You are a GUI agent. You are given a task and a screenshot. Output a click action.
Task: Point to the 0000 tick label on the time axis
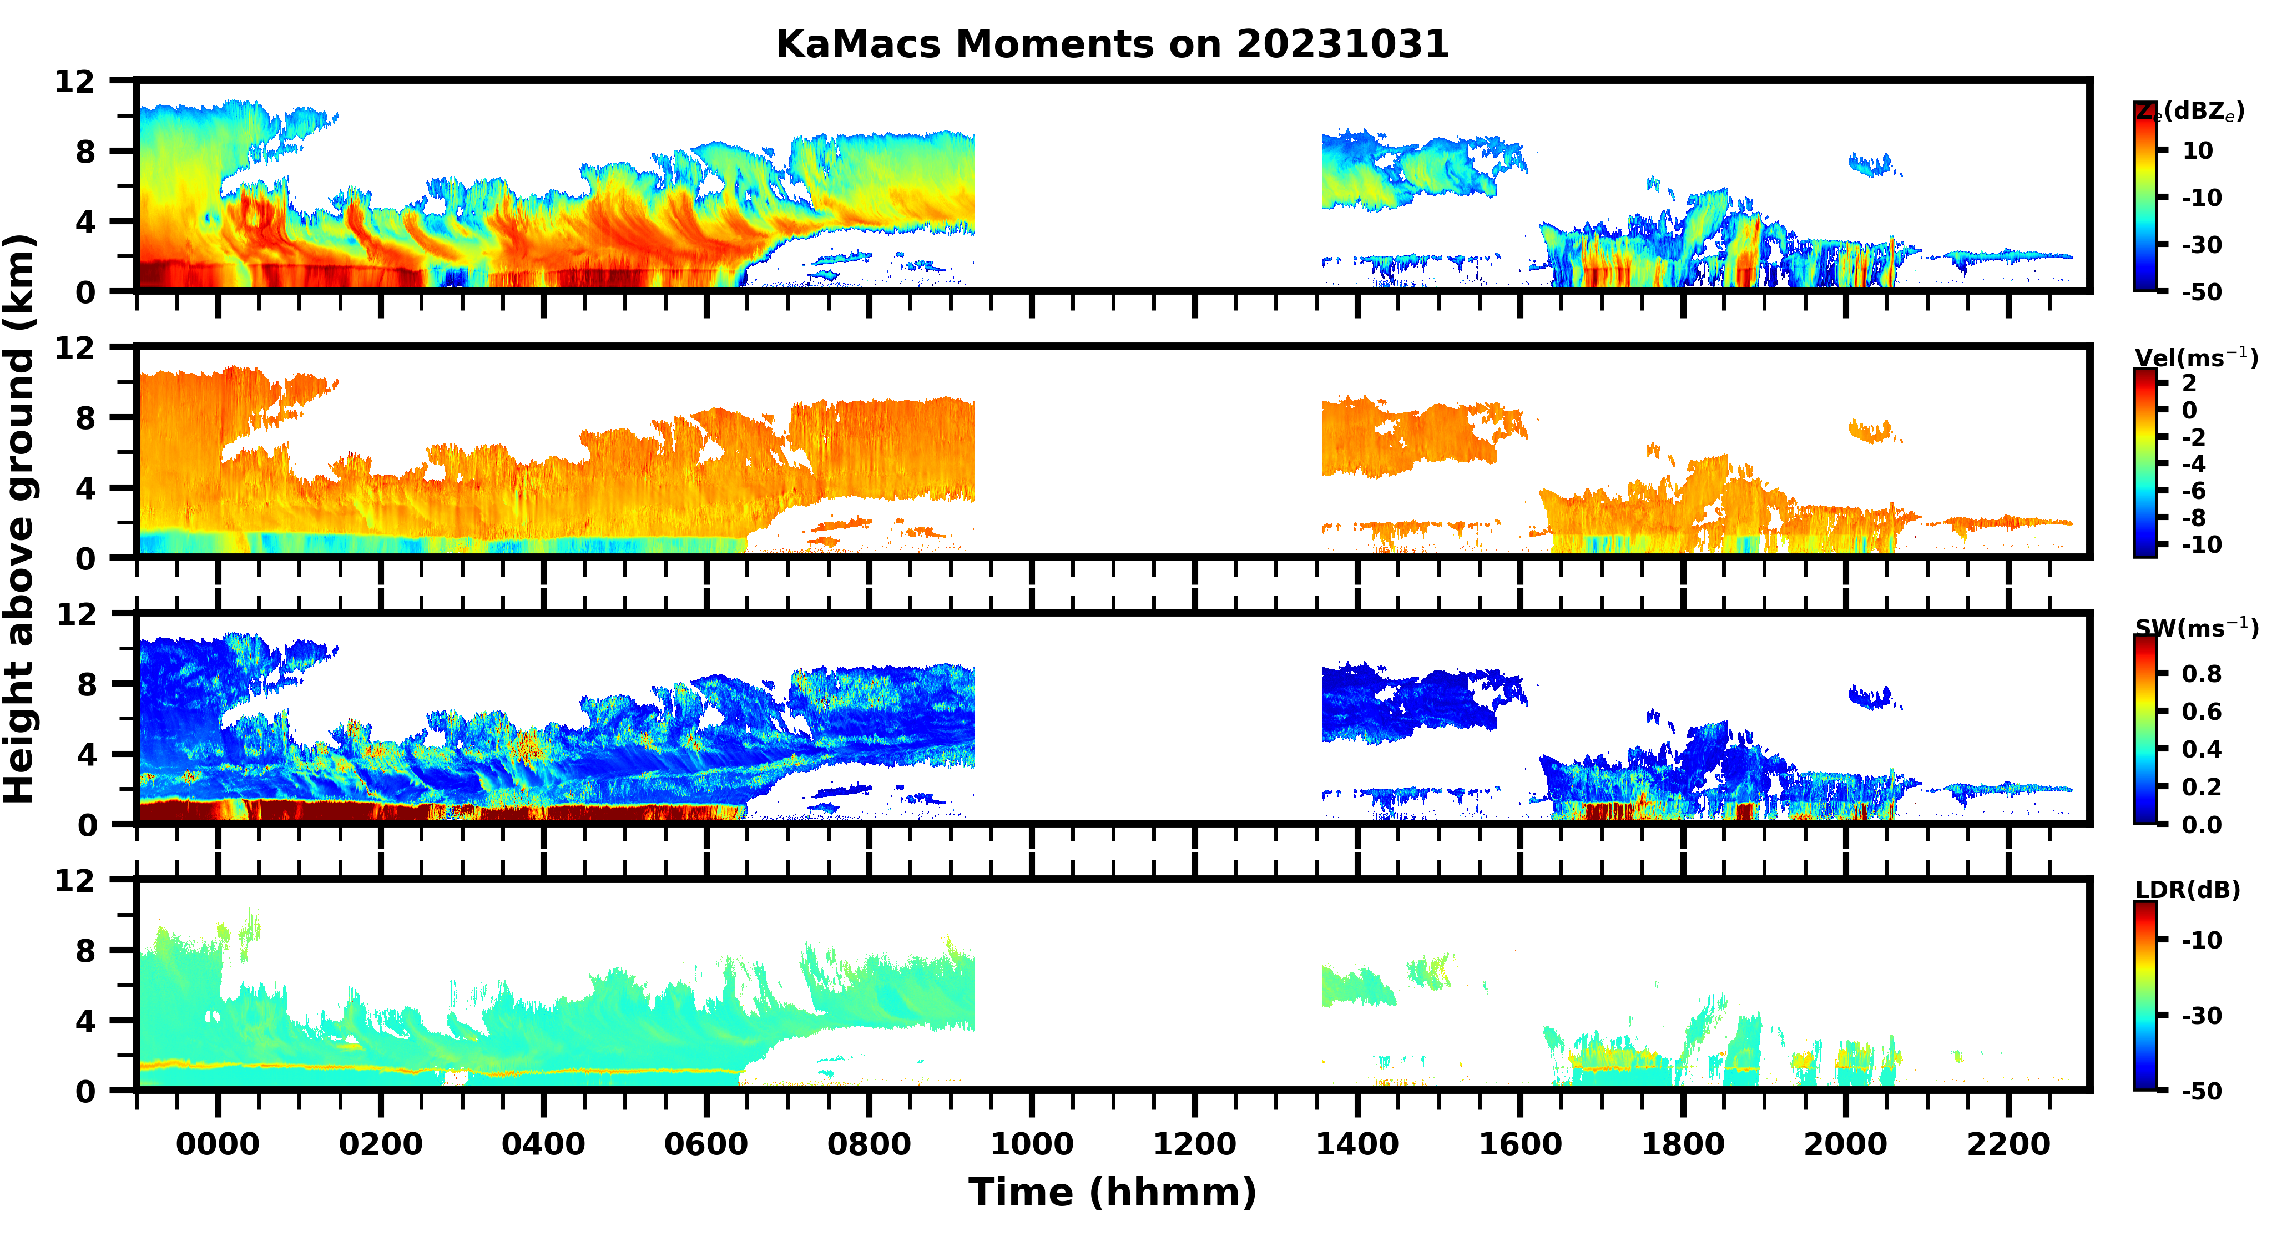[218, 1143]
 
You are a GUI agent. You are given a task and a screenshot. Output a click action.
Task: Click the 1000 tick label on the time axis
[1032, 1143]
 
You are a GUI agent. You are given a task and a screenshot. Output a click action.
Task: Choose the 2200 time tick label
[2008, 1143]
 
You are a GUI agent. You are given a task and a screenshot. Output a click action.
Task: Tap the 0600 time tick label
[706, 1143]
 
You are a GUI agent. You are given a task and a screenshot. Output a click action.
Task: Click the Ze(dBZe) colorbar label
[2190, 112]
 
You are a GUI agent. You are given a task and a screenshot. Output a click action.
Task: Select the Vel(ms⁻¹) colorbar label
[2195, 358]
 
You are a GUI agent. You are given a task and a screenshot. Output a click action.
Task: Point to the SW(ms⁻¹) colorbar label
[2195, 628]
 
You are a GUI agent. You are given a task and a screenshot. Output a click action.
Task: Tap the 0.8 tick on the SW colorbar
[2202, 674]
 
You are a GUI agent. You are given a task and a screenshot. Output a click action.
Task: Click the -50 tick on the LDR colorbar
[2202, 1090]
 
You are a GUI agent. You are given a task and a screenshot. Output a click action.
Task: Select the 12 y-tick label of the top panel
[74, 82]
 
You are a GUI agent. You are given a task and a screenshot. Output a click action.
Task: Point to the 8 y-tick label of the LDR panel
[85, 951]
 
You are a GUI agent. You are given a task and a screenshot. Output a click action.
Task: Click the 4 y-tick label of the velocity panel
[85, 487]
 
